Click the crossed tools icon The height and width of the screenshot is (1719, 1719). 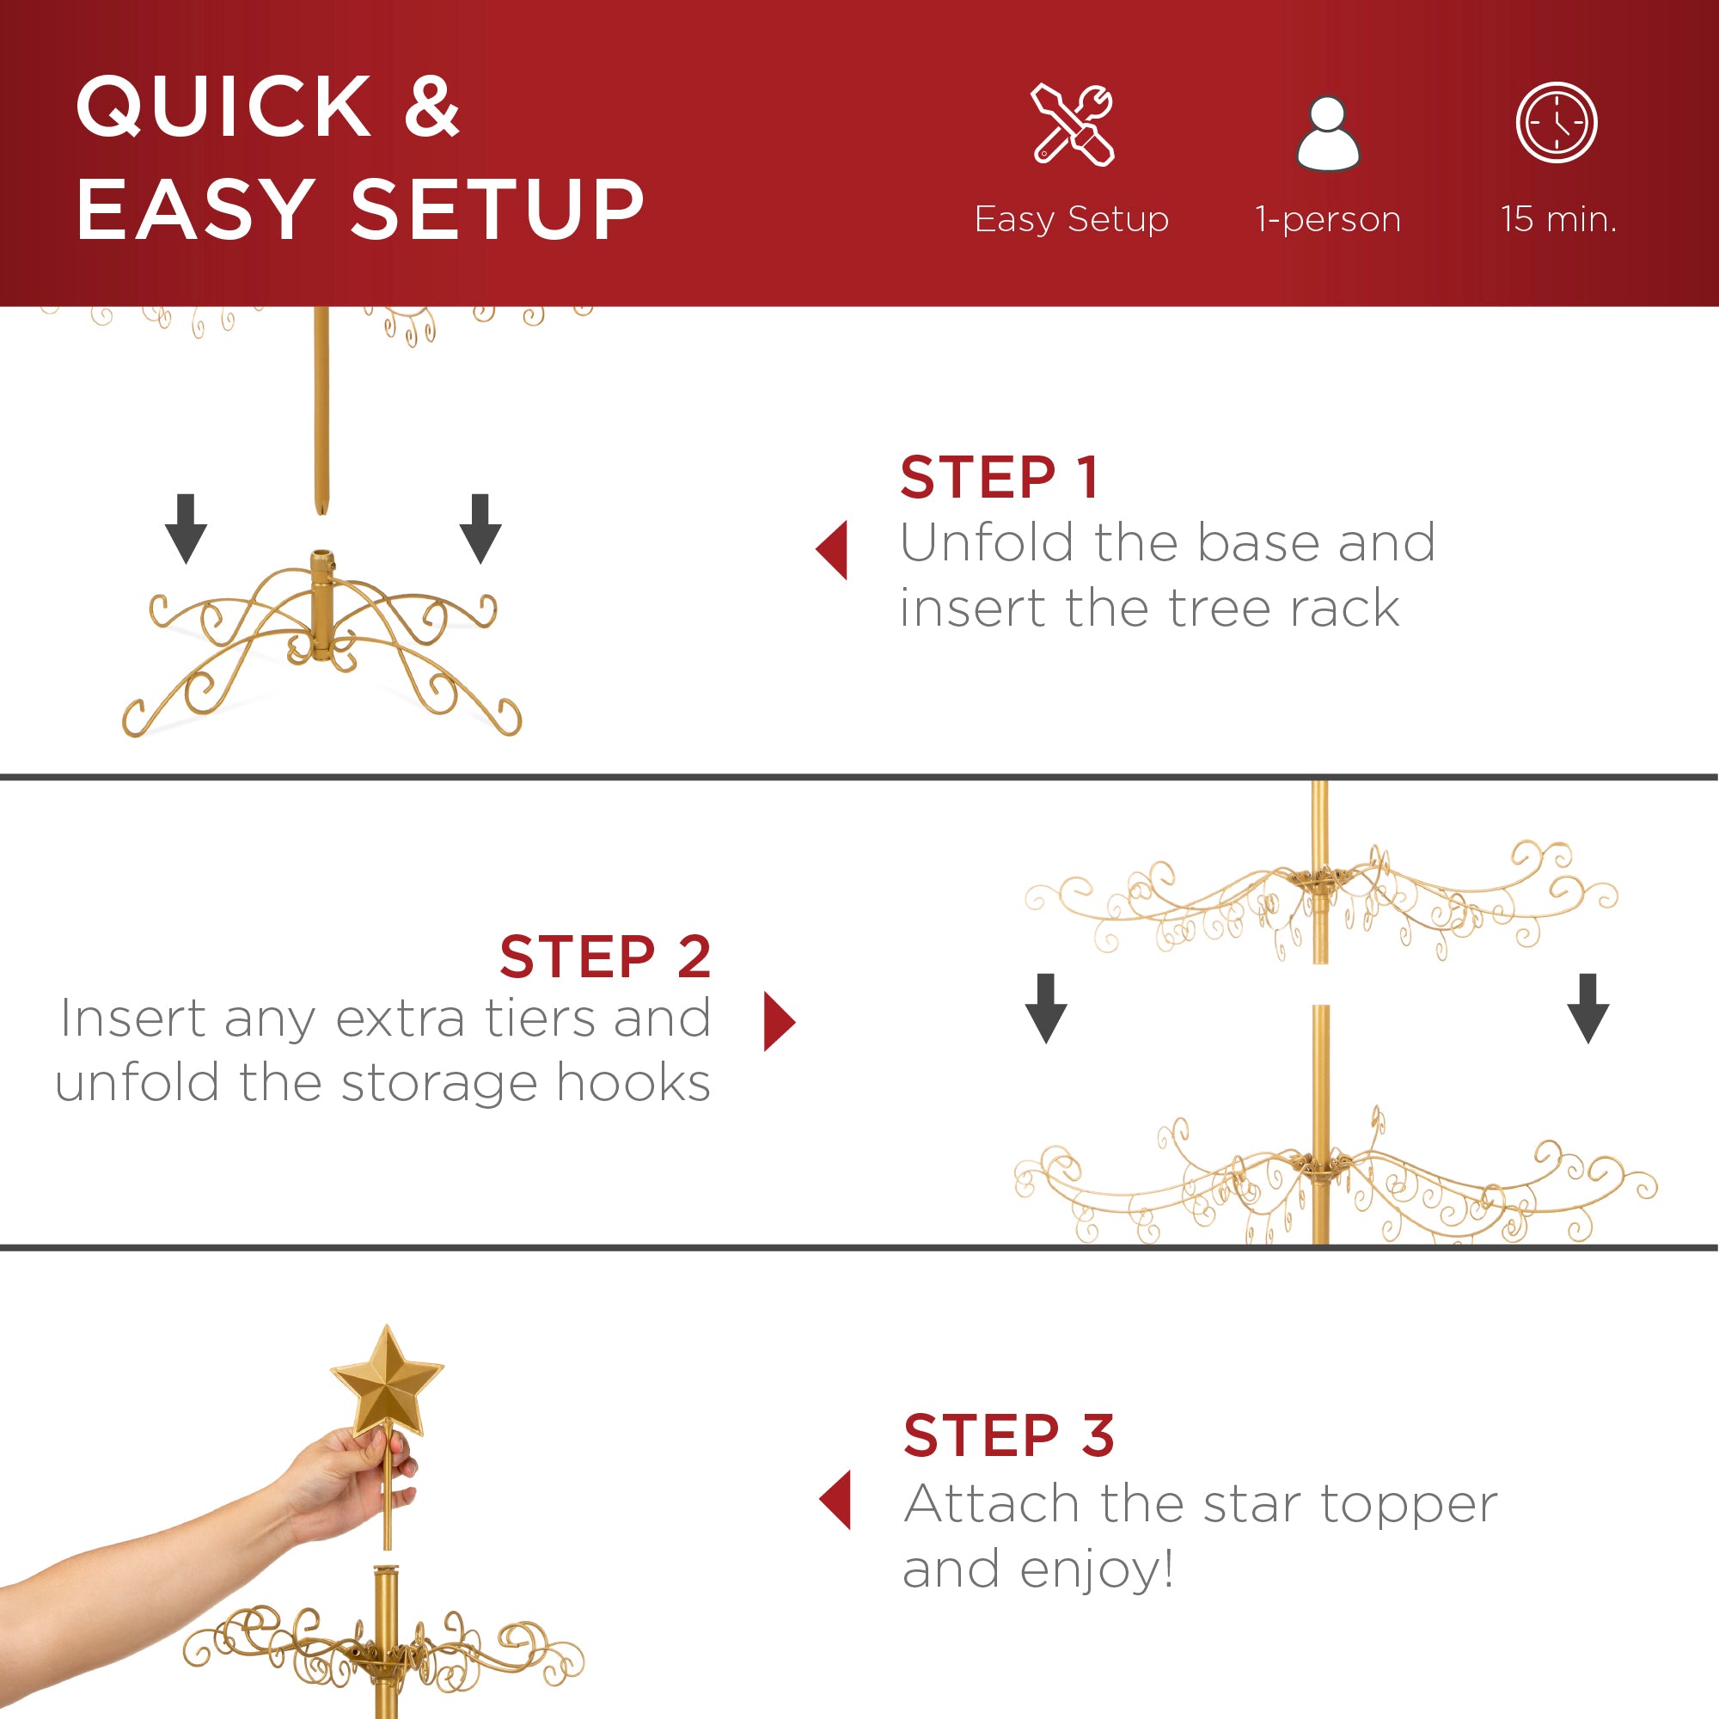(1073, 125)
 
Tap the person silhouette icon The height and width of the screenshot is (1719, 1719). (1328, 133)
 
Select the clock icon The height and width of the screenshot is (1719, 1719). (1557, 123)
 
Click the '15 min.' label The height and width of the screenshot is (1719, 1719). (1558, 219)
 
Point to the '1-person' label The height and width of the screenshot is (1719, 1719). (1328, 219)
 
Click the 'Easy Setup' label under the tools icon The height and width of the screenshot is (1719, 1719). (1071, 219)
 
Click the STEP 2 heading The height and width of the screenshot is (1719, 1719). (605, 957)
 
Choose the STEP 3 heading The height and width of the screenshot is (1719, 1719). (1008, 1435)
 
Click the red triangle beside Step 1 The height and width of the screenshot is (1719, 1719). (834, 550)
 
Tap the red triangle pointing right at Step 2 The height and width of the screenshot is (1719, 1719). (778, 1021)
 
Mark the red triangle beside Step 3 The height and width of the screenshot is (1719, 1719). (836, 1499)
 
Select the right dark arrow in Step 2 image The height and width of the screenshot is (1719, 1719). (1587, 1008)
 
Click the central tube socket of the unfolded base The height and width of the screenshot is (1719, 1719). (322, 605)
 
